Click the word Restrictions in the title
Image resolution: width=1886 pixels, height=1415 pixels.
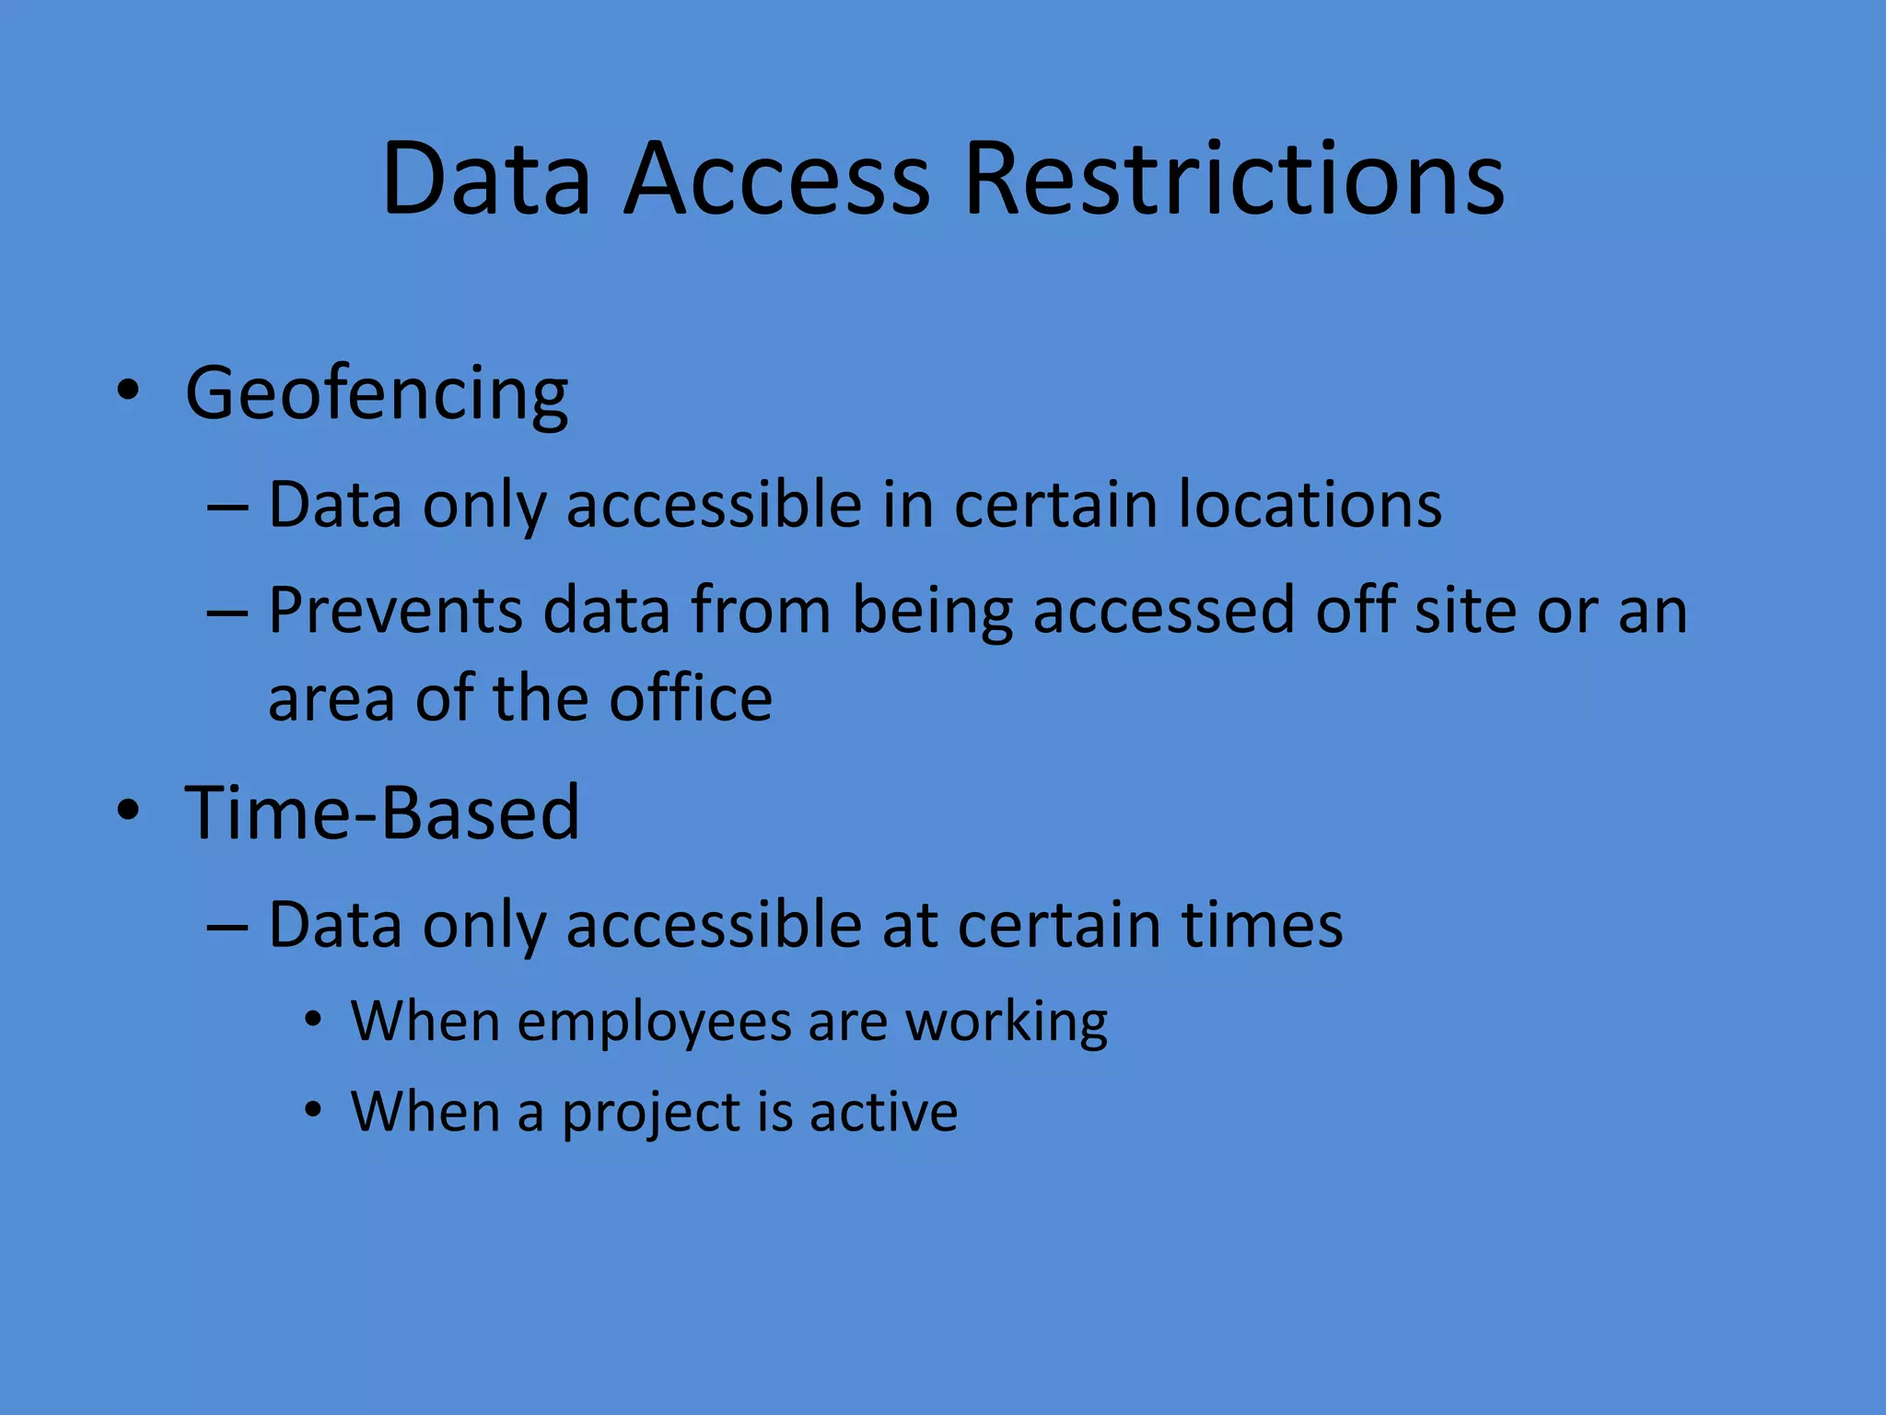click(x=1234, y=179)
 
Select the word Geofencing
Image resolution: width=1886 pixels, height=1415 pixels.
click(x=377, y=394)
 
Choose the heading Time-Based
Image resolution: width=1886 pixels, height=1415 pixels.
click(x=382, y=813)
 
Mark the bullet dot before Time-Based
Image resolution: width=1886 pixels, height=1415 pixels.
click(x=128, y=810)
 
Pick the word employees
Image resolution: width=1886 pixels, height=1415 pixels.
click(x=655, y=1023)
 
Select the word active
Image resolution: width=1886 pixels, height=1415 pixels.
click(x=884, y=1111)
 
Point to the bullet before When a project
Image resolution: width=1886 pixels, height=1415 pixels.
click(x=314, y=1110)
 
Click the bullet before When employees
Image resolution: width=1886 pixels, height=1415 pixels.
click(x=314, y=1020)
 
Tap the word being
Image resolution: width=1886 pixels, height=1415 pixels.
click(x=932, y=612)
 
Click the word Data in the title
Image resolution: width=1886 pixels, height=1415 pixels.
click(x=485, y=179)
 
